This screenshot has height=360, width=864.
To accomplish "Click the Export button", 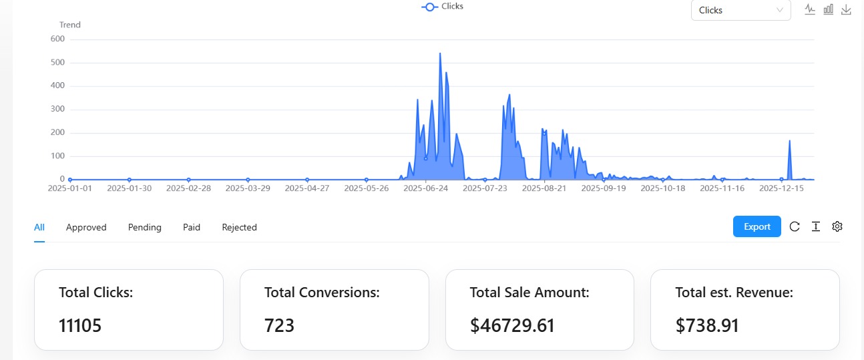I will click(757, 226).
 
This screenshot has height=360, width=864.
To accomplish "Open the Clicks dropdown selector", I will click(740, 10).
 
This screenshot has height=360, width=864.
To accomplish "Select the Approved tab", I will click(86, 227).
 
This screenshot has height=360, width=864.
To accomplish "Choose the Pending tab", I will click(145, 227).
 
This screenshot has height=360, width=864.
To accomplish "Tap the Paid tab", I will click(192, 227).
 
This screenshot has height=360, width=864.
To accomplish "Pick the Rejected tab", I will click(239, 227).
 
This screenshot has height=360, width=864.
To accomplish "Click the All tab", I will click(39, 227).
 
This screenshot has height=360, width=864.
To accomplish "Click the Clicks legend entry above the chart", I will click(443, 7).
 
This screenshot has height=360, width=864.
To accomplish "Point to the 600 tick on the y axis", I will click(57, 39).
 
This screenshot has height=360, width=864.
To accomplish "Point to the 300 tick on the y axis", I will click(57, 109).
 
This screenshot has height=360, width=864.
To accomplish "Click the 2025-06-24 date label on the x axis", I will click(425, 188).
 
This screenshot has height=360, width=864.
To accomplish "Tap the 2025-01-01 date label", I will click(70, 188).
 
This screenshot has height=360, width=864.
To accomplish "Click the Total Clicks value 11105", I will click(80, 325).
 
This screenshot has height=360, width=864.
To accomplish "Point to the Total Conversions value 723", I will click(279, 325).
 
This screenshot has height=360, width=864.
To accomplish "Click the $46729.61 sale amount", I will click(512, 325).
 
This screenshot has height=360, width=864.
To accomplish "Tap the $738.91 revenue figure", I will click(707, 325).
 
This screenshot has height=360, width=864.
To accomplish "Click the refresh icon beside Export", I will click(795, 226).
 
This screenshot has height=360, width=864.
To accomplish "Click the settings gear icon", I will click(837, 226).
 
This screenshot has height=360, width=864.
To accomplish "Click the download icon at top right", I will click(846, 9).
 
